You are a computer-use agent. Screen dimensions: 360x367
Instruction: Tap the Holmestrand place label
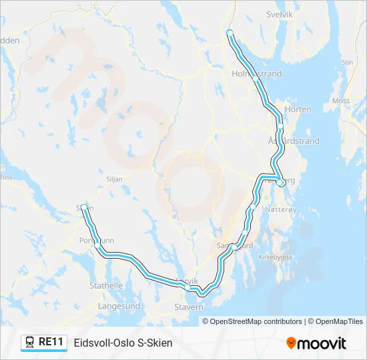click(257, 73)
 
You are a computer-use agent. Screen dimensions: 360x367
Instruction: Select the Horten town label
click(298, 109)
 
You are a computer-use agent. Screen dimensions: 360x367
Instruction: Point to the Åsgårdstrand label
click(294, 141)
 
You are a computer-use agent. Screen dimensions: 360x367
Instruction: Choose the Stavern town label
click(188, 307)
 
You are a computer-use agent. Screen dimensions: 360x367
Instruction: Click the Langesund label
click(119, 306)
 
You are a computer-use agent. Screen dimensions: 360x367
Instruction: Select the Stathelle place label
click(106, 285)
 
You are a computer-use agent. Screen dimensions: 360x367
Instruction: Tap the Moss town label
click(340, 101)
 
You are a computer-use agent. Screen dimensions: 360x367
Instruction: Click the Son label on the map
click(347, 62)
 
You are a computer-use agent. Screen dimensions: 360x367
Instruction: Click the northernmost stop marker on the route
click(230, 33)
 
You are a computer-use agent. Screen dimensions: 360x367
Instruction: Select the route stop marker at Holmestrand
click(256, 79)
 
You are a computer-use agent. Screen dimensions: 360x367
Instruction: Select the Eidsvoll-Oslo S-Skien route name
click(123, 343)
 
